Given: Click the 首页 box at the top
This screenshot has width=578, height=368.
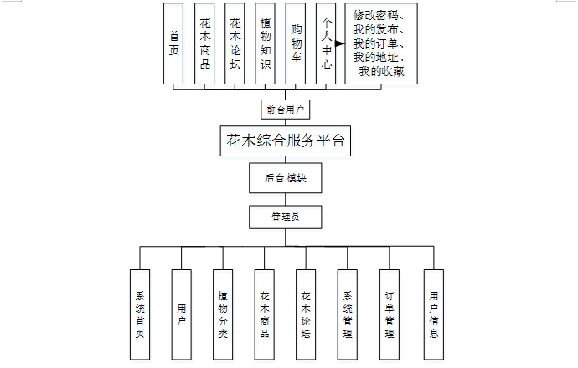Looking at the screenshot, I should (174, 43).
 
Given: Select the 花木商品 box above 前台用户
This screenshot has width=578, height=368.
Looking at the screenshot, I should (205, 43).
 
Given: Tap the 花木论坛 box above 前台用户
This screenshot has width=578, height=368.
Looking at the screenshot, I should (235, 43).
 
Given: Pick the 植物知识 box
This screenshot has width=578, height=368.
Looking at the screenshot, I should (266, 43).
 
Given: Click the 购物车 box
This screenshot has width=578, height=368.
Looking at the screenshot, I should (296, 43).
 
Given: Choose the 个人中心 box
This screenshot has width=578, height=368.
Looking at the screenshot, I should (326, 43).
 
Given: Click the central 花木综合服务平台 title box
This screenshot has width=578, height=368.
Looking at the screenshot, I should (285, 141).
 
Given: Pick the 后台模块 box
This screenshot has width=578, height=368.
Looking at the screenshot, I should (285, 178).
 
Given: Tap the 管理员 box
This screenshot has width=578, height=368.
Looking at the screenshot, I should (285, 217).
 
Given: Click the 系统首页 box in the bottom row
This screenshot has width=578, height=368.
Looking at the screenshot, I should (140, 314).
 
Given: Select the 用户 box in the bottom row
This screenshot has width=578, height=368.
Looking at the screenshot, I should (182, 314).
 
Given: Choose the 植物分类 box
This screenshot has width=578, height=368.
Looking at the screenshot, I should (223, 314).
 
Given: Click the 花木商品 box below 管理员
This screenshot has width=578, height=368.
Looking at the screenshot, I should (265, 314).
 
